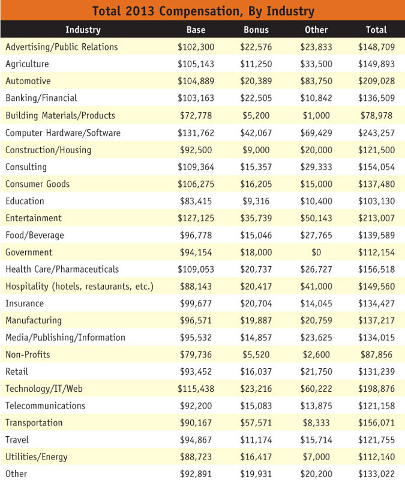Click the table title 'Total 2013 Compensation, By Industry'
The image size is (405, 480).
202,11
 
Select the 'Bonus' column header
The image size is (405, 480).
256,29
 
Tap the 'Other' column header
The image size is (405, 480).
317,29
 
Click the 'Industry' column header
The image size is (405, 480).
83,29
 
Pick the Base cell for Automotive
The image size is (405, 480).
196,81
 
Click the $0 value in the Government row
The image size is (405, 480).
317,252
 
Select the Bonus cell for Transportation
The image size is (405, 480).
256,423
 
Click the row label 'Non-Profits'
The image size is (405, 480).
28,354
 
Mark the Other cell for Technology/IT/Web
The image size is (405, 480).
317,389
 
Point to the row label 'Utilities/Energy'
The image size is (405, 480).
37,457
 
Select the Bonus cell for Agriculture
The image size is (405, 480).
256,64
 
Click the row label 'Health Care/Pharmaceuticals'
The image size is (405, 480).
62,269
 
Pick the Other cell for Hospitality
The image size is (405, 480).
317,287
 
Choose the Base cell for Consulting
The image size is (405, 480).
196,167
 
